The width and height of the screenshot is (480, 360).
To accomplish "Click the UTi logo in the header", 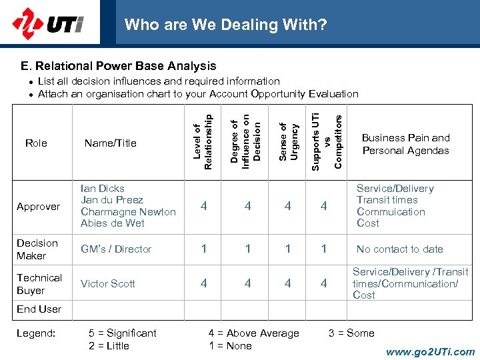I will click(x=47, y=25).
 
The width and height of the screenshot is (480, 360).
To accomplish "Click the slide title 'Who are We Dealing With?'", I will click(x=225, y=25).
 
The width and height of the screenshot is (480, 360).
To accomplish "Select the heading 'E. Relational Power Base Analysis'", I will click(x=118, y=66).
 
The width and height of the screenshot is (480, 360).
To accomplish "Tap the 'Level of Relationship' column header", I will click(x=203, y=141).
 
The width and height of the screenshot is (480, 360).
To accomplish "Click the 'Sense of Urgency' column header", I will click(x=287, y=141).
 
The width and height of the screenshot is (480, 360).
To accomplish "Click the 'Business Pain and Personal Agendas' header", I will click(x=405, y=144).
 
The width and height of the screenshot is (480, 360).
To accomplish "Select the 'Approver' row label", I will click(x=38, y=207).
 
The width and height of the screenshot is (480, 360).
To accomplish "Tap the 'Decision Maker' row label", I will click(x=37, y=249).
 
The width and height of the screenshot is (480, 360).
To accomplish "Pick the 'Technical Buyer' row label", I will click(x=39, y=284).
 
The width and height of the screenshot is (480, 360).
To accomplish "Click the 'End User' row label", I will click(x=39, y=309).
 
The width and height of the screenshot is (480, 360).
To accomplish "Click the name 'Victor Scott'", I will click(x=107, y=283).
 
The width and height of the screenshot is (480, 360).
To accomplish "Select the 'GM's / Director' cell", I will click(x=116, y=249).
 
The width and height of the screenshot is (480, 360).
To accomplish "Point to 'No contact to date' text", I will click(x=399, y=249).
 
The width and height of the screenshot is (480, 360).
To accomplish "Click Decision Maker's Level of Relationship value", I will click(x=203, y=249).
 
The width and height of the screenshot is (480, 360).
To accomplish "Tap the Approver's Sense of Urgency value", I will click(x=287, y=207).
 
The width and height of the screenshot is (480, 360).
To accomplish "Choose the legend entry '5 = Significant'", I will click(x=123, y=333).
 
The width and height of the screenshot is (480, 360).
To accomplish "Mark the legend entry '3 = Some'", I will click(x=351, y=333).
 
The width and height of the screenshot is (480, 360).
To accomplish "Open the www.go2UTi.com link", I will click(x=430, y=352).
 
